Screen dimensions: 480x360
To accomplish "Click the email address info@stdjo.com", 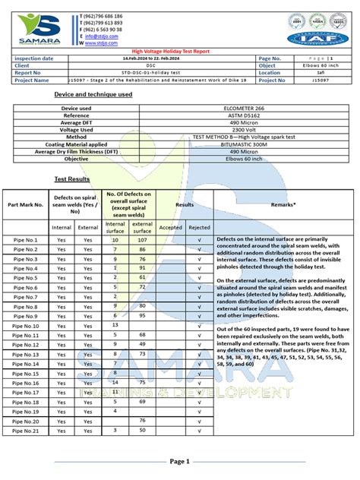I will coord(99,36).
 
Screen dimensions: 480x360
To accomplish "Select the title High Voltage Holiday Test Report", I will coord(180,50).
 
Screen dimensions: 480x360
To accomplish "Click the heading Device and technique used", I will coord(93,94).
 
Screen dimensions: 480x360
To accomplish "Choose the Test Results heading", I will coord(72,179).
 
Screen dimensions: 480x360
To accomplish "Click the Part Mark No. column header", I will coord(25,204).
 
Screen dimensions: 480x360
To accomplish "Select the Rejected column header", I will coord(199,226).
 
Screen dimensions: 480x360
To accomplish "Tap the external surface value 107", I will coord(141,240).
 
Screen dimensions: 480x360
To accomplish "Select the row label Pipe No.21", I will coord(25,431).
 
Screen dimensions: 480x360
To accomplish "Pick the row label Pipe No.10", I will coord(25,326).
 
